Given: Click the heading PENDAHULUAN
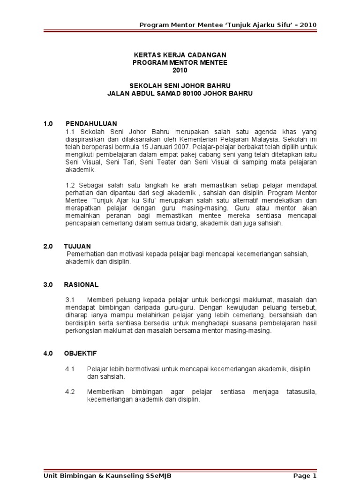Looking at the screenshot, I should pos(91,124).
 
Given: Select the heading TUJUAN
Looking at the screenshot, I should pos(78,246).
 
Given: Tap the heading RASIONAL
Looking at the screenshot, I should pos(82,285).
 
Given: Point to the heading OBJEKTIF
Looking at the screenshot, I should pos(81,353).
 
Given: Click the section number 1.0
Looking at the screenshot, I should pos(48,124).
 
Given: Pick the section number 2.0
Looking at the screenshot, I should pos(48,246).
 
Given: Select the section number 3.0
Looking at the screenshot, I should pos(48,285).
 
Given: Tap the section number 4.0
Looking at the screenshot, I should pos(48,353).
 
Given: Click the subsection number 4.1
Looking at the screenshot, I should pos(70,369).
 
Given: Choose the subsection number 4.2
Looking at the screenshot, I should pos(70,391).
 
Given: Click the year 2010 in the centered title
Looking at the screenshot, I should pos(180,70).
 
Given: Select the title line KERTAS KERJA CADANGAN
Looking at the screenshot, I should pos(180,55).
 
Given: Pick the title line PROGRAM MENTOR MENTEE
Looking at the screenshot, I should pos(180,63).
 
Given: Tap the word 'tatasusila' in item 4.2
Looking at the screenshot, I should pos(301,391).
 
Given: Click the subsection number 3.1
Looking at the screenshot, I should pos(70,300).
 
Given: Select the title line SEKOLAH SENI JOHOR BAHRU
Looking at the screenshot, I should pos(180,86).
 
